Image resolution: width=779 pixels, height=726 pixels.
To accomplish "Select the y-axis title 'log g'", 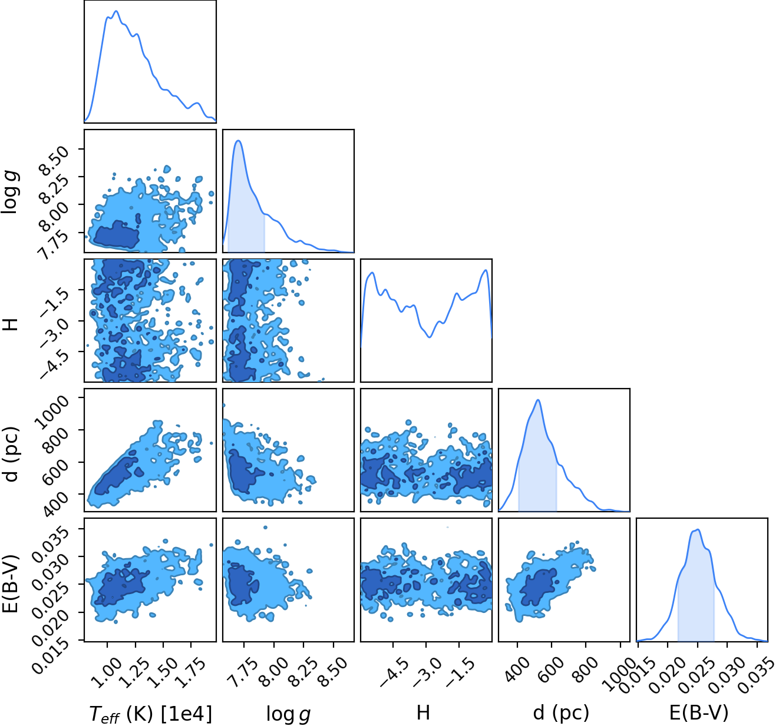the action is coord(10,192).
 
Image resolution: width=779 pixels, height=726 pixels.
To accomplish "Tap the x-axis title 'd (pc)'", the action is coord(562,712).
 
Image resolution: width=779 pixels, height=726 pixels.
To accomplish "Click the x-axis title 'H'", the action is coord(423,712).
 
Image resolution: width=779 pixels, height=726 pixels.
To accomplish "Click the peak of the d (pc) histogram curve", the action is coord(538,400).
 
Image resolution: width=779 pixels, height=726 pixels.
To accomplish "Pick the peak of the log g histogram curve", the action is coord(238,140).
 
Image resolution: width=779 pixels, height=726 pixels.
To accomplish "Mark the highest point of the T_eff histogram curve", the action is coord(115,11).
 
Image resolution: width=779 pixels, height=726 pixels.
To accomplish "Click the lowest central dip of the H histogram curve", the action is coord(430,337).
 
